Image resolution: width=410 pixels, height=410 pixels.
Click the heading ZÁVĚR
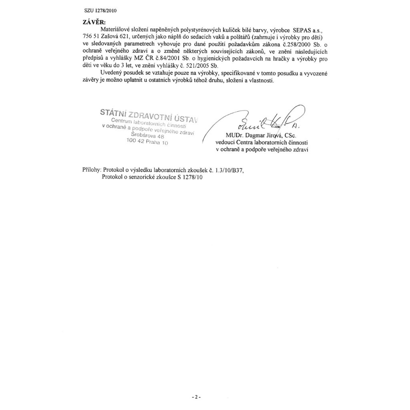coord(92,22)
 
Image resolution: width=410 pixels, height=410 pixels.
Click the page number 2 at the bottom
coord(196,397)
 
